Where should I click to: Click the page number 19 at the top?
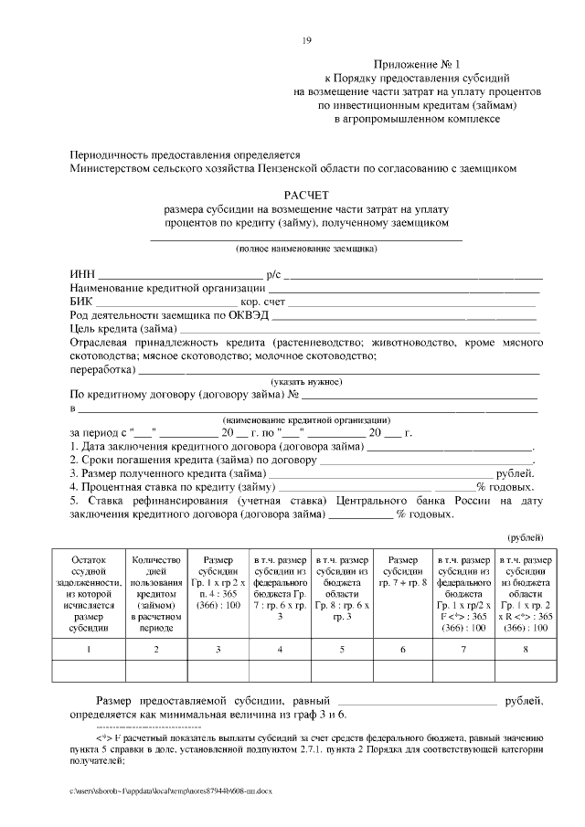click(307, 39)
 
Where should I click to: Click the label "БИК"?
click(80, 301)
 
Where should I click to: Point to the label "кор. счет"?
click(264, 301)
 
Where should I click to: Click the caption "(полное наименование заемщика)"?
click(306, 249)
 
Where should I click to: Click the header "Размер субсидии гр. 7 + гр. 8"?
click(399, 569)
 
